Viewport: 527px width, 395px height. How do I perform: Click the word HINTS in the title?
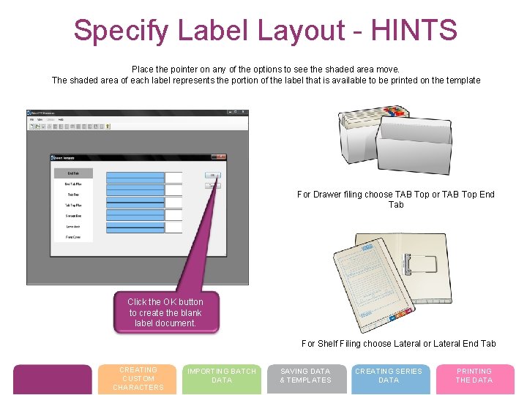pos(414,31)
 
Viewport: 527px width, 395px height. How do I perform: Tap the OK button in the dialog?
pos(212,176)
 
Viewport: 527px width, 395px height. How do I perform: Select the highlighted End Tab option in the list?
pos(72,173)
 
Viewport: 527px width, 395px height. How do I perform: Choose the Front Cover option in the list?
pos(72,237)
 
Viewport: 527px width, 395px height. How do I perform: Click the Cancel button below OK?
pos(212,185)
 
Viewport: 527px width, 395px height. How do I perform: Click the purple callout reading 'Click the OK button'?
pos(165,312)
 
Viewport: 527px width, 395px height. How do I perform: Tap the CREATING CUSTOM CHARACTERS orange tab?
pos(138,379)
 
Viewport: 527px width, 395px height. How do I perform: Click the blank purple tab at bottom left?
pos(53,379)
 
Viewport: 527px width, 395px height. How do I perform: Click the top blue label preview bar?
pos(135,176)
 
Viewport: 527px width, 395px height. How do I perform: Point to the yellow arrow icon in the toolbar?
pos(108,127)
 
